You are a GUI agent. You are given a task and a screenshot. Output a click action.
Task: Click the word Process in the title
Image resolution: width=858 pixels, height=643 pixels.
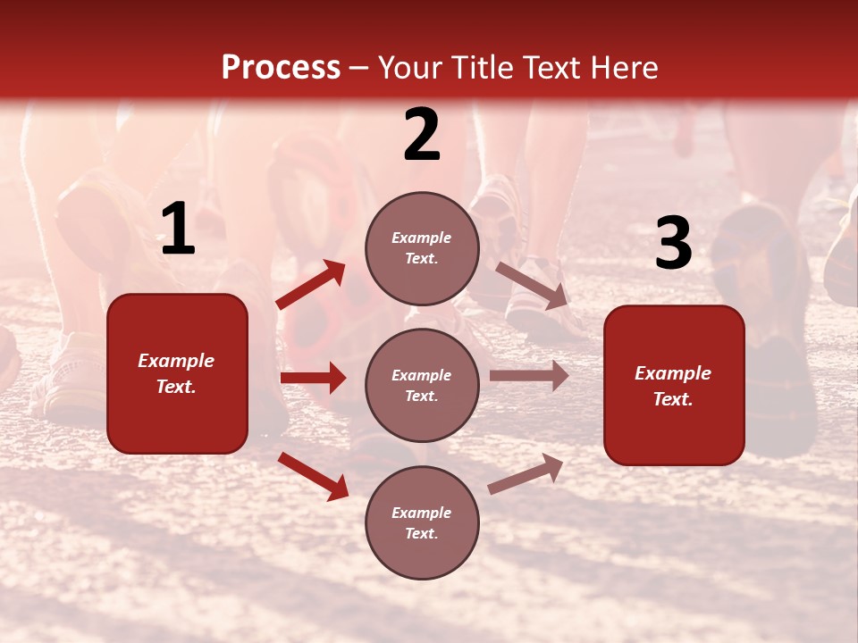point(281,68)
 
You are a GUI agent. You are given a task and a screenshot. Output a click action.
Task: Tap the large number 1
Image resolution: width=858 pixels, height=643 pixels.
point(178,230)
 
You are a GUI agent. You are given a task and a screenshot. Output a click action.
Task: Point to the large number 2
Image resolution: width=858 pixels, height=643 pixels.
point(422,136)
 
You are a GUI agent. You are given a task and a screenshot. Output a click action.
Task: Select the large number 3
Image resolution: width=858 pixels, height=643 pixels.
point(673,244)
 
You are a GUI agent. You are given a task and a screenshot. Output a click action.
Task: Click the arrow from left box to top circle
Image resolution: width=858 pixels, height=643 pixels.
point(311,284)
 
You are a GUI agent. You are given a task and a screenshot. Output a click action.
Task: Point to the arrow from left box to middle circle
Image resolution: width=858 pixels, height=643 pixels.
point(313,378)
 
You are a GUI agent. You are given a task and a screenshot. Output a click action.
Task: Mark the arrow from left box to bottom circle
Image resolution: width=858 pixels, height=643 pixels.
point(313,475)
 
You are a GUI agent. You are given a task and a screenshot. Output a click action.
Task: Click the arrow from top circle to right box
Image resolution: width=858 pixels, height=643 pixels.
point(531,285)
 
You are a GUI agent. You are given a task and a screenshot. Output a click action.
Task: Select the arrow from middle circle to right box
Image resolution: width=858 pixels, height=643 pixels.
point(529,376)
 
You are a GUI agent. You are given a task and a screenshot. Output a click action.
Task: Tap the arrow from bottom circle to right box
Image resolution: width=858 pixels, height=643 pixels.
point(526,473)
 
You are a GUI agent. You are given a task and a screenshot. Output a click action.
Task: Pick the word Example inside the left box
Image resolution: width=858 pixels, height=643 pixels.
point(176,361)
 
